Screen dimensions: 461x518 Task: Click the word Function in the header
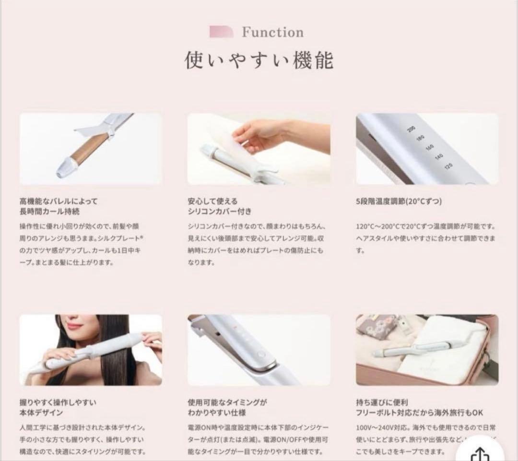tap(272, 33)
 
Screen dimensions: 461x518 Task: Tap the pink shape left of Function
tap(221, 32)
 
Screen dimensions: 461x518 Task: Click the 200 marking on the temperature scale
tap(411, 128)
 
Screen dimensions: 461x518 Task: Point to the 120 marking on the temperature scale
tap(448, 166)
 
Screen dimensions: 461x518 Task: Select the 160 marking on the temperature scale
tap(429, 147)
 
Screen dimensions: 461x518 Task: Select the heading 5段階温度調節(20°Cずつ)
tap(399, 201)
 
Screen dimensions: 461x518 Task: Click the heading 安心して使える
tap(212, 201)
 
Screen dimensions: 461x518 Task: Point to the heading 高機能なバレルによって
tap(59, 201)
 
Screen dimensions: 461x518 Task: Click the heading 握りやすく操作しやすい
tap(58, 402)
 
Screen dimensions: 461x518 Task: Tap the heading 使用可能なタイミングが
tap(227, 402)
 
